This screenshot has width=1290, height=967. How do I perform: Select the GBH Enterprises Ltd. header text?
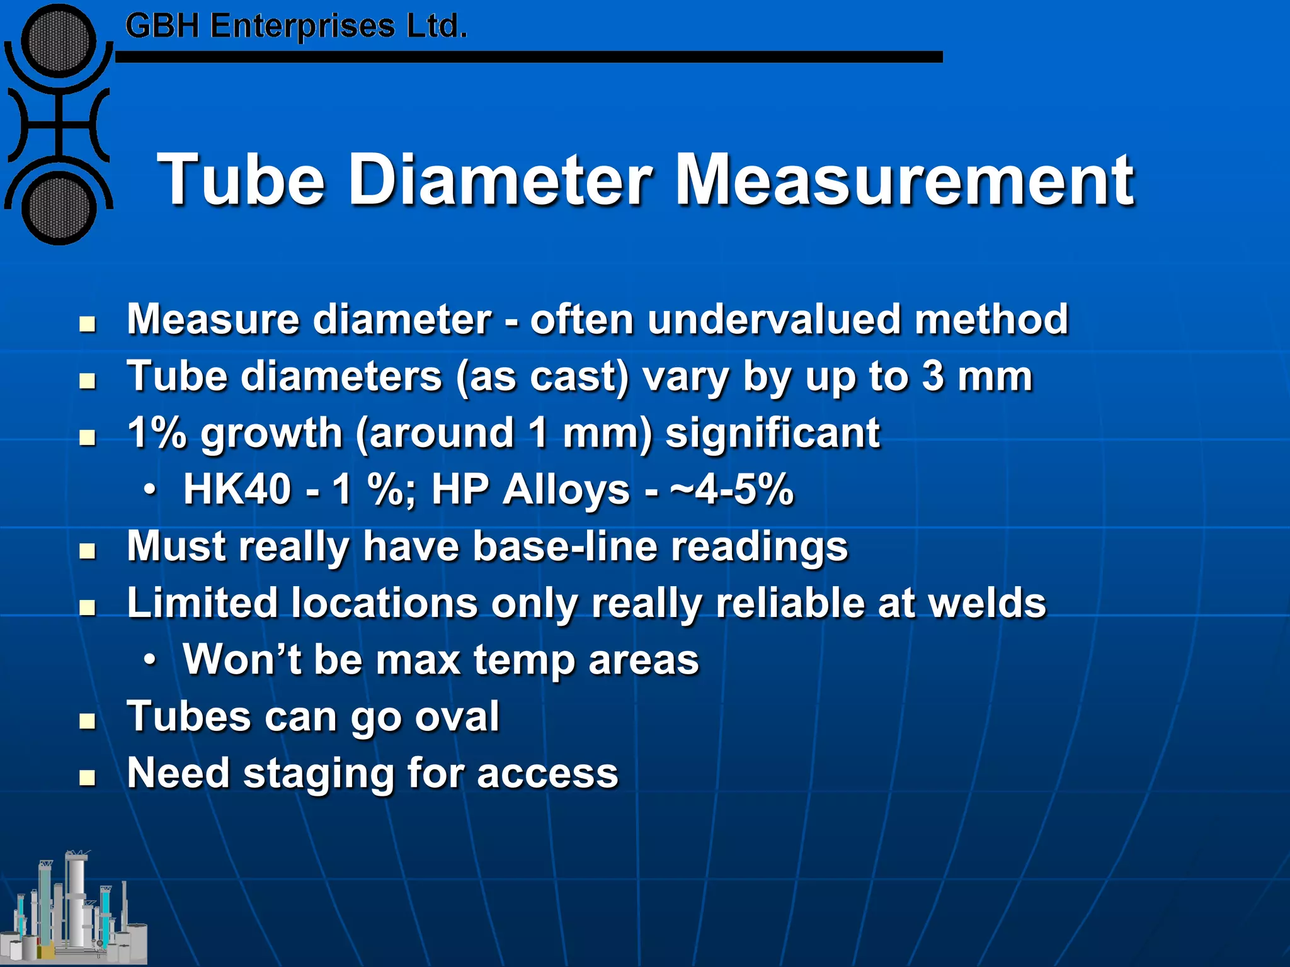[x=296, y=26]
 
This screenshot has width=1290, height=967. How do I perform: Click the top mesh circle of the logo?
[x=59, y=41]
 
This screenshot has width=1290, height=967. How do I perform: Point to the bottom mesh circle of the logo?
[x=59, y=208]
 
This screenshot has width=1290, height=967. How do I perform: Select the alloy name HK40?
[x=237, y=489]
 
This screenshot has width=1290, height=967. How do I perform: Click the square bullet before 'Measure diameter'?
[x=88, y=324]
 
